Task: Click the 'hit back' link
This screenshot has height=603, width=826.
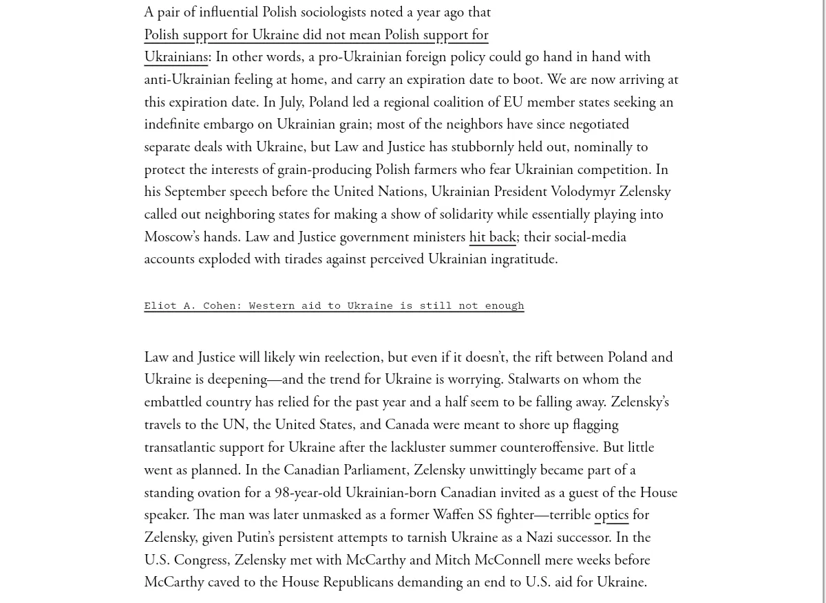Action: (x=492, y=237)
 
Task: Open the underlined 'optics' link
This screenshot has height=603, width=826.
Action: (x=611, y=515)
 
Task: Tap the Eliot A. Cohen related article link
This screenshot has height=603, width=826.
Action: (x=334, y=305)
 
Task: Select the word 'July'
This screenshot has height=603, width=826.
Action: (x=290, y=102)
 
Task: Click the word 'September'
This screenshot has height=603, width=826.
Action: (x=195, y=192)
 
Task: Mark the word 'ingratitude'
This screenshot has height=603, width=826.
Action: (x=523, y=259)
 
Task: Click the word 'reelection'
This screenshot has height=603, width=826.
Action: (x=352, y=358)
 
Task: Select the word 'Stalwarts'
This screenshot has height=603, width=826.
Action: (x=534, y=380)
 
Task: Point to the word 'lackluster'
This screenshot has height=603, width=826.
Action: (x=419, y=448)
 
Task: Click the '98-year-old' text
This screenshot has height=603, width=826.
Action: (x=308, y=493)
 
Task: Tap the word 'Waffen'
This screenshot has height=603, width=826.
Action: (x=453, y=515)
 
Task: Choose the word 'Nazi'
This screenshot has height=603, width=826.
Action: (x=539, y=538)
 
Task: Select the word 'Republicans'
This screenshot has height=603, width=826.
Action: (x=358, y=582)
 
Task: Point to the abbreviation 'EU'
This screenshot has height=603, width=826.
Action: (x=513, y=102)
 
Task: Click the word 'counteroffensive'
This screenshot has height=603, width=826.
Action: (x=548, y=448)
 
